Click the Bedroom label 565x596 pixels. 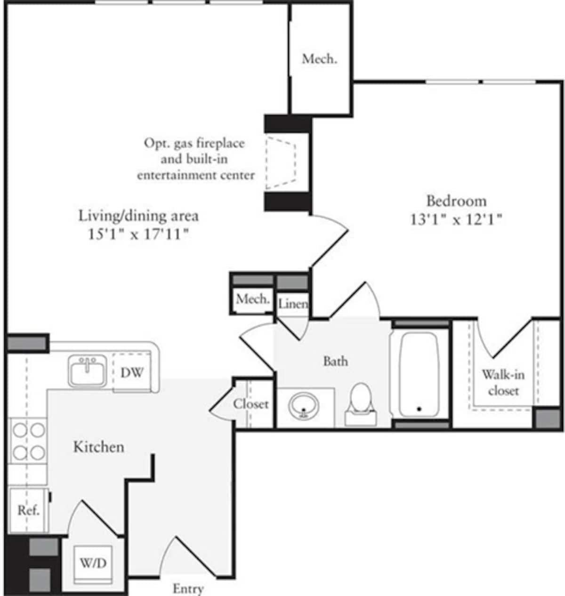(456, 201)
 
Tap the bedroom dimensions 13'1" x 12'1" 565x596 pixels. (455, 219)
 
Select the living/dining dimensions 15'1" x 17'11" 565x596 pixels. (138, 234)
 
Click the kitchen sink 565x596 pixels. (88, 371)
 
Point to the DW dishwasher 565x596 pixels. (132, 373)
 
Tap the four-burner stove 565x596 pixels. (29, 441)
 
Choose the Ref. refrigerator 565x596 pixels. (28, 510)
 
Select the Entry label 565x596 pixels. (188, 588)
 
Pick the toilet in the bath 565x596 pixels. (361, 403)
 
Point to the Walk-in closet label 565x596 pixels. (503, 382)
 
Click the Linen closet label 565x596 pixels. (293, 304)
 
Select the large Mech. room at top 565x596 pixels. (320, 59)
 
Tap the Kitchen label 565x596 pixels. (99, 447)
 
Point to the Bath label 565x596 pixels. (336, 361)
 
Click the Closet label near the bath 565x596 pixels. (251, 404)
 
